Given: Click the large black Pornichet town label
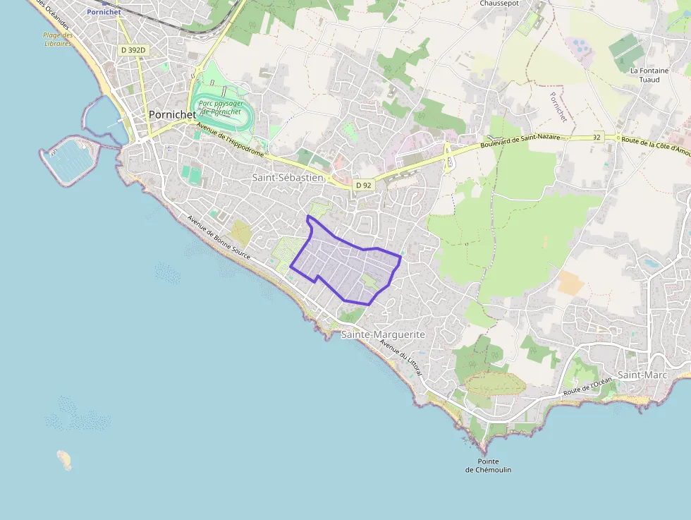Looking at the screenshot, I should (x=172, y=115).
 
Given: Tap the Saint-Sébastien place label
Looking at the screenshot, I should (x=288, y=178).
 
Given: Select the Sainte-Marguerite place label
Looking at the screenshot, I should (x=383, y=334).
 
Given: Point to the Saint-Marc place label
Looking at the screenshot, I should (x=642, y=375).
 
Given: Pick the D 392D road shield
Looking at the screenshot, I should (x=133, y=50).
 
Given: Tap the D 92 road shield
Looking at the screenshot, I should (x=363, y=185).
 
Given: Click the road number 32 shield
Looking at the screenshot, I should (x=597, y=138).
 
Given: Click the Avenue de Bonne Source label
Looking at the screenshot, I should (x=219, y=236).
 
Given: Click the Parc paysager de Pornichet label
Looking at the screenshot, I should (x=221, y=107).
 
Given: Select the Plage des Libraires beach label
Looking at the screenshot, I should (x=58, y=39).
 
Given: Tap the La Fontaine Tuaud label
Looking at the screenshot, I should (x=644, y=75).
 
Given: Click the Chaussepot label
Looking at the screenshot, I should (x=499, y=4).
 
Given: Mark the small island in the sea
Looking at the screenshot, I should (x=64, y=459).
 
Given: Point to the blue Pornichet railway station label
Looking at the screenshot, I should (x=104, y=12).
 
